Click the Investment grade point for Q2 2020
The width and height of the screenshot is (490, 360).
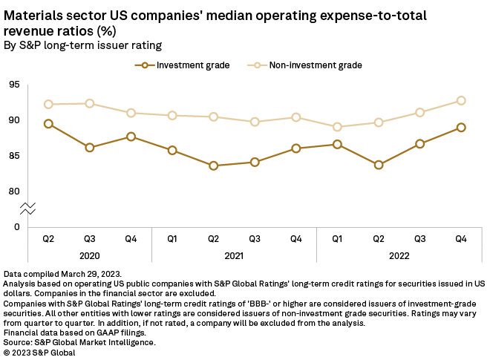pyautogui.click(x=48, y=124)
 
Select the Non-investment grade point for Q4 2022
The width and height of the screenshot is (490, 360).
pyautogui.click(x=461, y=100)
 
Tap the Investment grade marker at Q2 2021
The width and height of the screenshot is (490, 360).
pyautogui.click(x=214, y=166)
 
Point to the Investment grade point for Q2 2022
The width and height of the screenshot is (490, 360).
pyautogui.click(x=379, y=165)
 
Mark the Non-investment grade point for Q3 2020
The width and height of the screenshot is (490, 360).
pyautogui.click(x=90, y=103)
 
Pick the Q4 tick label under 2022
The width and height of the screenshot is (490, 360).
pyautogui.click(x=461, y=238)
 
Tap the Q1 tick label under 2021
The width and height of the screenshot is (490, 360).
pyautogui.click(x=172, y=238)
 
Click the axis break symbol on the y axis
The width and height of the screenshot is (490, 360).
pyautogui.click(x=28, y=209)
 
